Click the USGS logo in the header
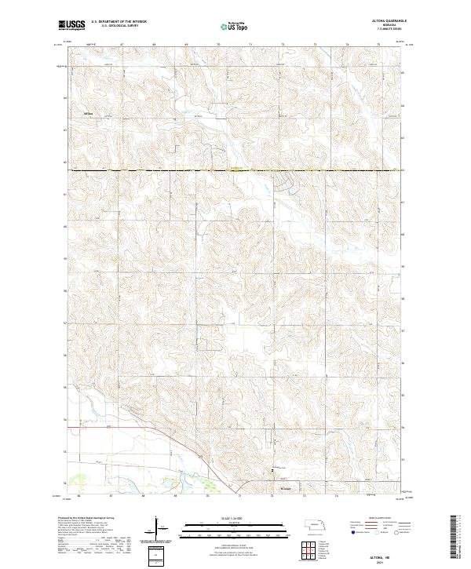pyautogui.click(x=71, y=25)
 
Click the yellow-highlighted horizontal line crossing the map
pyautogui.click(x=235, y=170)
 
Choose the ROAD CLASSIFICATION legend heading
pyautogui.click(x=375, y=519)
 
